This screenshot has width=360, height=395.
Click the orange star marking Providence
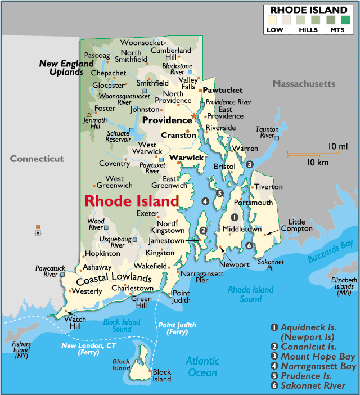pyautogui.click(x=195, y=116)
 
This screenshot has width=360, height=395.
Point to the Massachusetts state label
pyautogui.click(x=304, y=84)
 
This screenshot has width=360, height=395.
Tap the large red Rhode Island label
pyautogui.click(x=132, y=201)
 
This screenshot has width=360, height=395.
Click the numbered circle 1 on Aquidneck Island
pyautogui.click(x=235, y=218)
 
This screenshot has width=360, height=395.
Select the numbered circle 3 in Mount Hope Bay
pyautogui.click(x=249, y=164)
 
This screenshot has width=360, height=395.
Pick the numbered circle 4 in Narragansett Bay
pyautogui.click(x=205, y=201)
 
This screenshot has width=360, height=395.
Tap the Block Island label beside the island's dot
pyautogui.click(x=162, y=375)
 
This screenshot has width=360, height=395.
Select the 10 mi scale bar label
pyautogui.click(x=338, y=147)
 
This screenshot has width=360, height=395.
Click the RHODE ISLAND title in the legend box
pyautogui.click(x=309, y=10)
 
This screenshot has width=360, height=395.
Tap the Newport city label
pyautogui.click(x=234, y=264)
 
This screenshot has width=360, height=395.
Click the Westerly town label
pyautogui.click(x=86, y=291)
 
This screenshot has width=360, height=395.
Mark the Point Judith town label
pyautogui.click(x=181, y=297)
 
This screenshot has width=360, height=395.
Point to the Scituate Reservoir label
pyautogui.click(x=118, y=137)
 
